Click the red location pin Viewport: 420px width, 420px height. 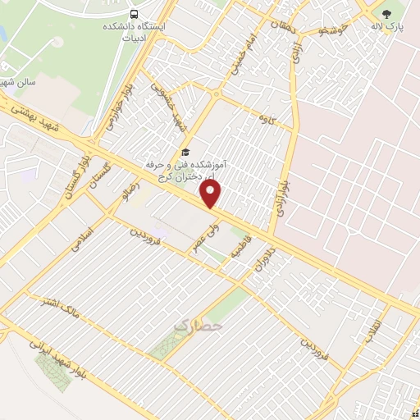[x=211, y=193]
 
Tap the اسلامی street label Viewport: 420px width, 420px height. [x=84, y=239]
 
